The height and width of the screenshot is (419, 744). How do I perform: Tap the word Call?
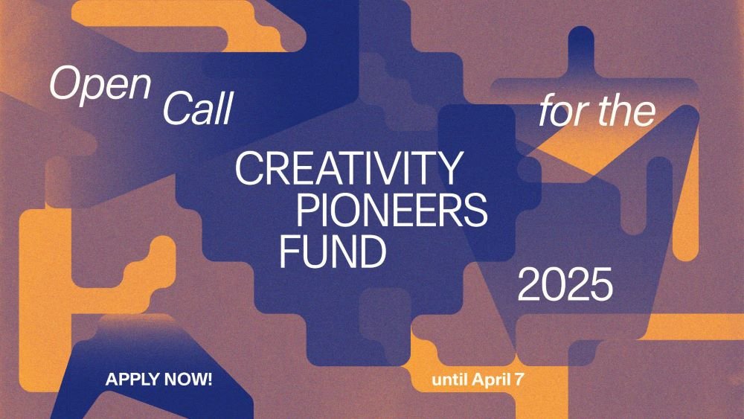[198, 109]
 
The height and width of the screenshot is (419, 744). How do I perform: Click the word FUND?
[333, 253]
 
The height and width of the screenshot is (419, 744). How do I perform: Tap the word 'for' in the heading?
[562, 112]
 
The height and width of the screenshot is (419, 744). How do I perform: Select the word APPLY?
[130, 379]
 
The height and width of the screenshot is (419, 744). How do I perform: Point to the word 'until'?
[449, 379]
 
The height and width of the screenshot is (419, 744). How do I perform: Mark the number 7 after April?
[519, 379]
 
